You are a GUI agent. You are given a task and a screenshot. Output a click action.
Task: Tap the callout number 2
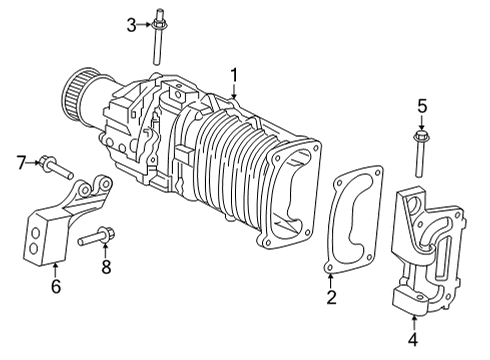331,297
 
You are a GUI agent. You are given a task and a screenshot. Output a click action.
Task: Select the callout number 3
130,25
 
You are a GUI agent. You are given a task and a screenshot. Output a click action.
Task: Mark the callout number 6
56,287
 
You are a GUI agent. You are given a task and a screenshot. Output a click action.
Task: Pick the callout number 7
19,161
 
